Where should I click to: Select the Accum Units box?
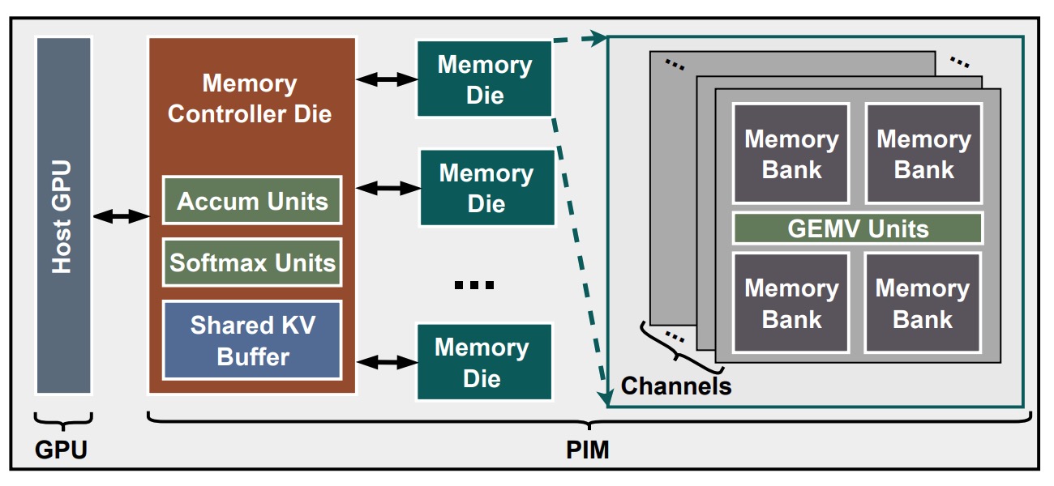click(252, 200)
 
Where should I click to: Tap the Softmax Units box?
click(252, 262)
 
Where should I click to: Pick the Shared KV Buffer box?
click(252, 340)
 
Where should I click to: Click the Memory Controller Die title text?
click(250, 98)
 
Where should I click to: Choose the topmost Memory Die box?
click(484, 79)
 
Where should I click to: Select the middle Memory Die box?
click(486, 188)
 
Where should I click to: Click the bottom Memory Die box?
click(483, 362)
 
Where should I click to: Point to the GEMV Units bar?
click(858, 228)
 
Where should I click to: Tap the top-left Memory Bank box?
click(791, 154)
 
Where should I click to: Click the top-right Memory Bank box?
click(923, 154)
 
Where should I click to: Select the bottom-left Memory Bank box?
click(791, 303)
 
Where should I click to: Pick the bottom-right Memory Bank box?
click(923, 303)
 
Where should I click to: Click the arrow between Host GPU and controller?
click(121, 215)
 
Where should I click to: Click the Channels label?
click(676, 386)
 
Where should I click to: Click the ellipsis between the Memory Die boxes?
click(473, 285)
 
